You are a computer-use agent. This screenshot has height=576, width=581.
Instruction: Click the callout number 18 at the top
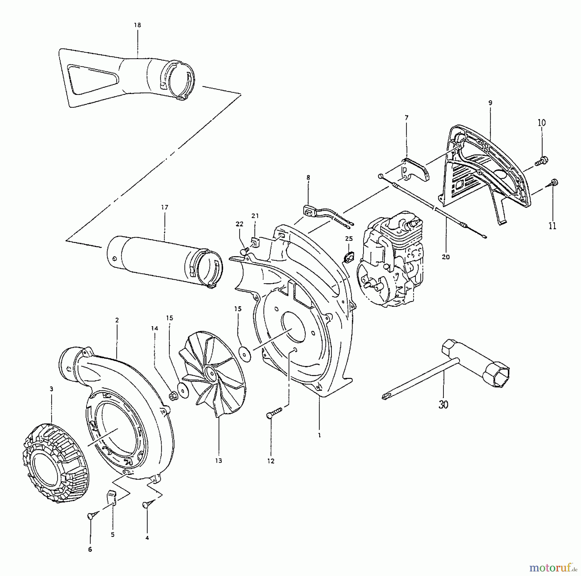tap(138, 25)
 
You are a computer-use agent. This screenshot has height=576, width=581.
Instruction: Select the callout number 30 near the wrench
tap(443, 404)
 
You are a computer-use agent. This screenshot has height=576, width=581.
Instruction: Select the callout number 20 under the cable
tap(445, 257)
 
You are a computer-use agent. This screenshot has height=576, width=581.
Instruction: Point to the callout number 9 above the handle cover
tap(490, 103)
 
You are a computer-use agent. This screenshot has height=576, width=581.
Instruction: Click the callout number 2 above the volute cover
tap(117, 320)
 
